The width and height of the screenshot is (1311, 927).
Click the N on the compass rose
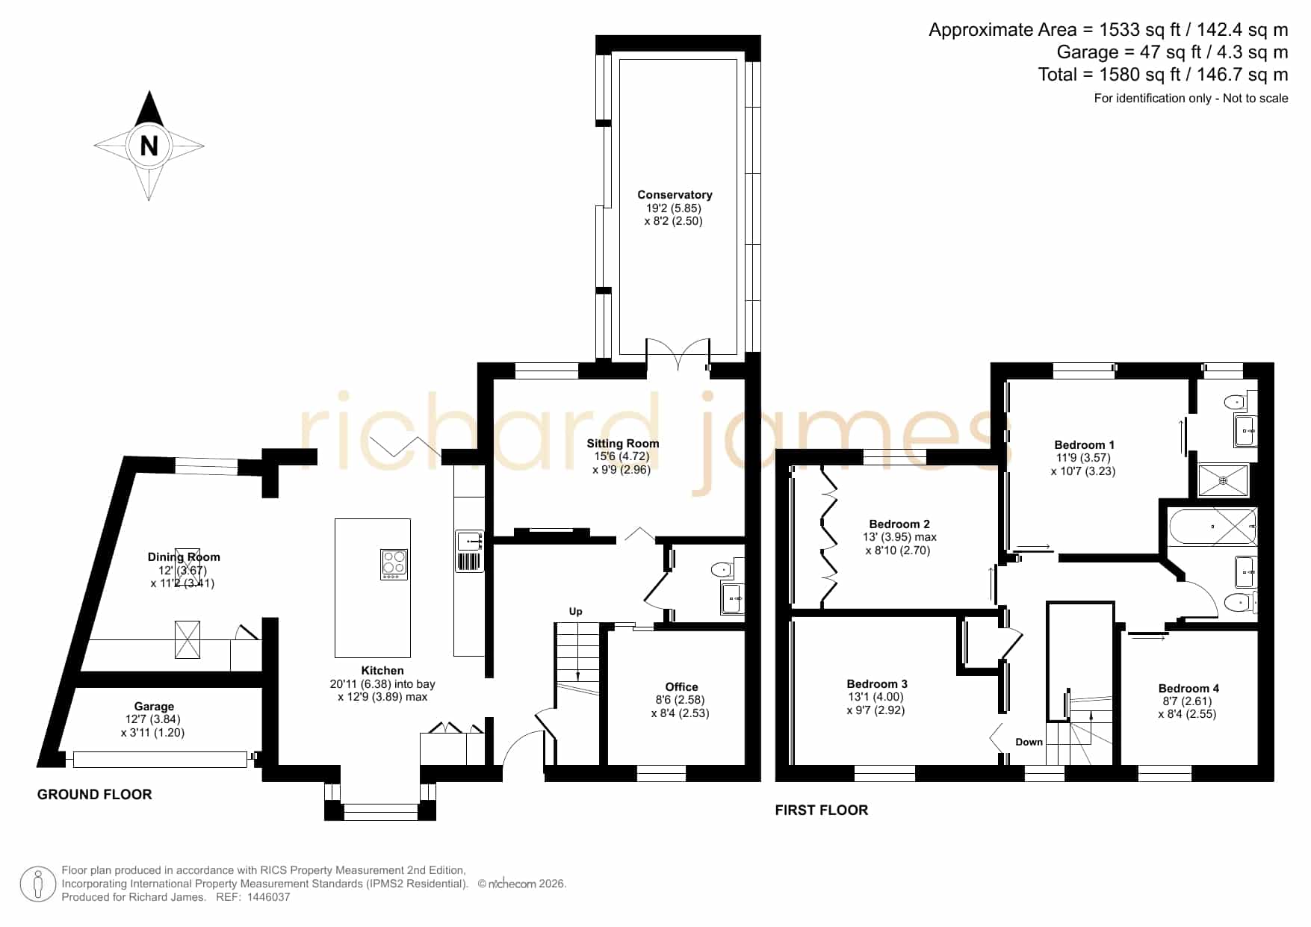(x=149, y=146)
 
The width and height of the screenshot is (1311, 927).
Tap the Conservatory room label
(x=675, y=195)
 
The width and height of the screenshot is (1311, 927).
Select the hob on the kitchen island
(x=394, y=564)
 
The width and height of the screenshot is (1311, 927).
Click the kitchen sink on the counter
(x=469, y=540)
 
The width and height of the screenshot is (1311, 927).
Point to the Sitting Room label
(x=623, y=444)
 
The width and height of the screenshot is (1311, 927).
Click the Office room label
(x=682, y=687)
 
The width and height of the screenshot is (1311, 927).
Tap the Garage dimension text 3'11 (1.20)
(x=152, y=733)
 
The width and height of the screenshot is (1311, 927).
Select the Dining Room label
(x=184, y=557)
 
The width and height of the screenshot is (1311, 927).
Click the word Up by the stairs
(x=576, y=611)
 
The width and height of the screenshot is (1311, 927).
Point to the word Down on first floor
(x=1029, y=742)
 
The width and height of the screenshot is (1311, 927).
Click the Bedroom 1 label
(x=1084, y=445)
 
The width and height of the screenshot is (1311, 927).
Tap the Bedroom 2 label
(x=899, y=524)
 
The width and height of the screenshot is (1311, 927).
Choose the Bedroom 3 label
(x=877, y=684)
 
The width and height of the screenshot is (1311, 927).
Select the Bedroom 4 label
(x=1188, y=689)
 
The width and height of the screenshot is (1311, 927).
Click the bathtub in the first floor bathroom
(x=1212, y=527)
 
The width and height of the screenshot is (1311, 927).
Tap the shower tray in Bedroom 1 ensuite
(x=1223, y=481)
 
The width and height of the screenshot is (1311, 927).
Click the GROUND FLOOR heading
(x=95, y=795)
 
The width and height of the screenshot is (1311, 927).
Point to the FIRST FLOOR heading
(x=822, y=810)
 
